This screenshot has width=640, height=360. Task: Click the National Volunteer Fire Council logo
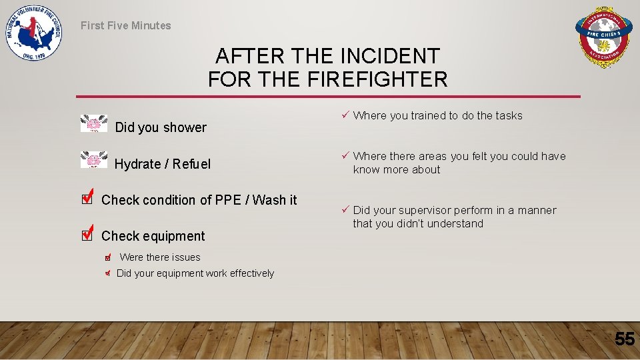34,34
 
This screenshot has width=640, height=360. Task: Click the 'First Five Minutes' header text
125,26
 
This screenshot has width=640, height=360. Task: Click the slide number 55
624,339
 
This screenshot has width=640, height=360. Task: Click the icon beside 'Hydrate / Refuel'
93,160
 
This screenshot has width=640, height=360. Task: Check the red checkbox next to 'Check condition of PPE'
86,198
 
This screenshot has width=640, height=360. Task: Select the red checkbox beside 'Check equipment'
86,234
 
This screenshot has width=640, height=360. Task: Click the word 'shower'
185,127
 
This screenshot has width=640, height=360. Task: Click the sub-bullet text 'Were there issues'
159,257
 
